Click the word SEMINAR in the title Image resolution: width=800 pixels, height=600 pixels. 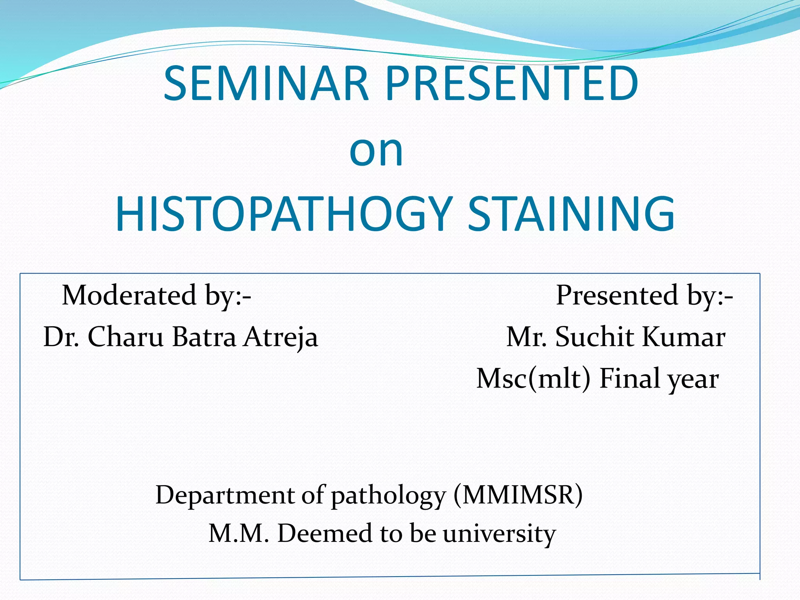(x=266, y=84)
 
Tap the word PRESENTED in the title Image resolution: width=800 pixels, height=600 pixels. (x=512, y=84)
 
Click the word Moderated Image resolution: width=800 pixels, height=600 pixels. (x=129, y=295)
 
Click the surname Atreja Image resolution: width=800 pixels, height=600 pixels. (x=280, y=337)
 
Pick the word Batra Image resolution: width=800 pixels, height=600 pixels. (x=204, y=337)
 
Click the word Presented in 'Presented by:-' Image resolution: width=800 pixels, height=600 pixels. (x=617, y=295)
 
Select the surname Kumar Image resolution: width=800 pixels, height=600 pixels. (x=683, y=337)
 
